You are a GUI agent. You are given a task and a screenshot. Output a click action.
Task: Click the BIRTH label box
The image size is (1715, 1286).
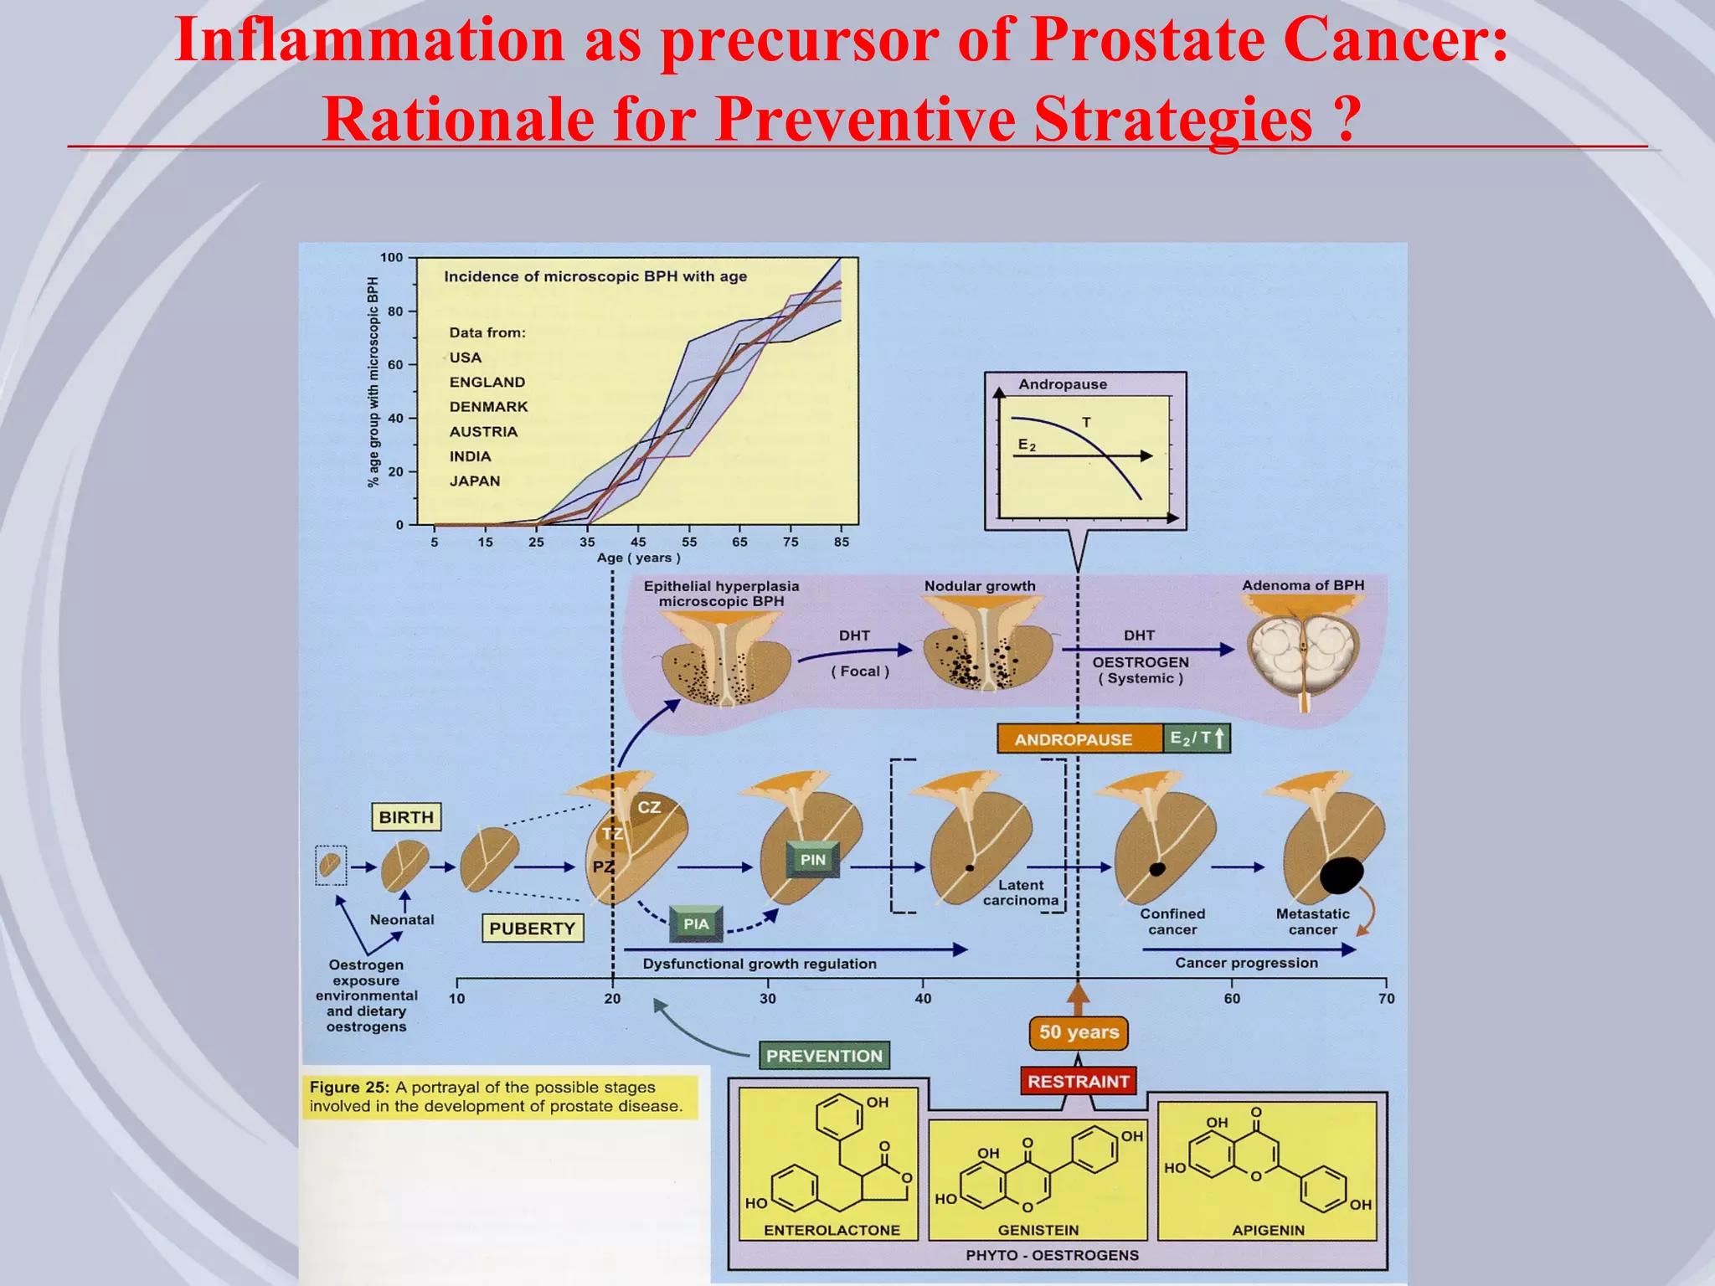pyautogui.click(x=406, y=817)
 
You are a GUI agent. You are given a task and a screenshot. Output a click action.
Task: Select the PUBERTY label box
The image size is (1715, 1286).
pyautogui.click(x=533, y=928)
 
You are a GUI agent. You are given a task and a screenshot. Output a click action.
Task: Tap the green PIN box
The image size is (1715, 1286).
pyautogui.click(x=812, y=860)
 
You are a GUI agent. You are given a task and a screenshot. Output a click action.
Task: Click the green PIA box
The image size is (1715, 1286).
pyautogui.click(x=696, y=924)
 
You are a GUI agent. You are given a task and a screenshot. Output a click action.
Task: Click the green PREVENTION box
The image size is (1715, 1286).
pyautogui.click(x=824, y=1056)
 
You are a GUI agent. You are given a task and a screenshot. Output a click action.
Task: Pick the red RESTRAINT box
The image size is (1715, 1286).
pyautogui.click(x=1079, y=1081)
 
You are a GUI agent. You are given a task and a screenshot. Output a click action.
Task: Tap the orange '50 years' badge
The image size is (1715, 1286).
pyautogui.click(x=1079, y=1032)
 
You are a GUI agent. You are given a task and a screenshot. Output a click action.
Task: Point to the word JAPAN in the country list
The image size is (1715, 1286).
pyautogui.click(x=475, y=481)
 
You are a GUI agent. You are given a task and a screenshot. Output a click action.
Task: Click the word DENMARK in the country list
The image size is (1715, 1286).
pyautogui.click(x=489, y=407)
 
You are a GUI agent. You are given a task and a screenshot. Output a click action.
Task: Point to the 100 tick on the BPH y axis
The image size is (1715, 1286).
pyautogui.click(x=391, y=258)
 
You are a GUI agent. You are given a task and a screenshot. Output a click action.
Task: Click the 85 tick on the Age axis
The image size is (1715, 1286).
pyautogui.click(x=842, y=543)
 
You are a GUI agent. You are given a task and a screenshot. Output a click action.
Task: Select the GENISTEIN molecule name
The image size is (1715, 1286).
pyautogui.click(x=1038, y=1230)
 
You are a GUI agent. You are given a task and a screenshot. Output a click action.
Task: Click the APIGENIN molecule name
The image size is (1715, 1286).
pyautogui.click(x=1268, y=1230)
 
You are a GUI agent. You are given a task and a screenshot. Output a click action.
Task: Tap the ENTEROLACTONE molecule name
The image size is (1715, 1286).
pyautogui.click(x=832, y=1230)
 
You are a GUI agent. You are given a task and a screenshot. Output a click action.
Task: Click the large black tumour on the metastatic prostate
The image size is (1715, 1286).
pyautogui.click(x=1342, y=875)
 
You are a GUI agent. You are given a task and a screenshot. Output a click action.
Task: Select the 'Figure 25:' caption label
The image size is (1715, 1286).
pyautogui.click(x=349, y=1088)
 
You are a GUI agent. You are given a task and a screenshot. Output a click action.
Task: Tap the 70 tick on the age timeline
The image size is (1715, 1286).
pyautogui.click(x=1387, y=998)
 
